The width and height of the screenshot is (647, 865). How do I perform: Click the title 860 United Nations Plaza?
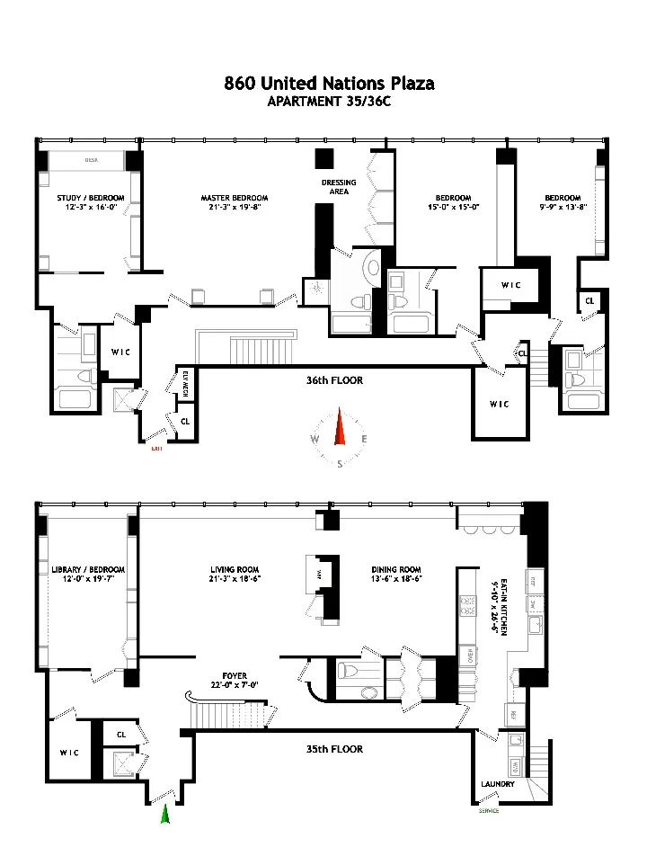click(x=329, y=84)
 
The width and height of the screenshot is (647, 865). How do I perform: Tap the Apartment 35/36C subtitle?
click(x=329, y=101)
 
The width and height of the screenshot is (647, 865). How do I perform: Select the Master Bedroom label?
click(x=234, y=198)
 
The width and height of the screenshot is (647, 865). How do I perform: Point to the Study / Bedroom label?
click(x=88, y=198)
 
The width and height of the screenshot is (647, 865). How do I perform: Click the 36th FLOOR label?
click(x=333, y=380)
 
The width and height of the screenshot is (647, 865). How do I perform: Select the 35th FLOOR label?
click(x=333, y=749)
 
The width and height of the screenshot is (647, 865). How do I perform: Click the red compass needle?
click(x=340, y=427)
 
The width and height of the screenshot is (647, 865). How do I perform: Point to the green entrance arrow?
click(x=164, y=814)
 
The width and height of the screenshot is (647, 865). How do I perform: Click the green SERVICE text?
click(x=488, y=810)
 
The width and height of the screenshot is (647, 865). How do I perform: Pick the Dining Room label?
click(x=396, y=569)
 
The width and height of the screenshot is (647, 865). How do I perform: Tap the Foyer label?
click(x=240, y=675)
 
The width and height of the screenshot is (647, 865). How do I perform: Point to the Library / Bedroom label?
click(x=88, y=569)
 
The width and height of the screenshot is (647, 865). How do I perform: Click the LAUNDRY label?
click(x=497, y=784)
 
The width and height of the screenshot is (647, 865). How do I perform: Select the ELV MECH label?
click(x=185, y=383)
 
